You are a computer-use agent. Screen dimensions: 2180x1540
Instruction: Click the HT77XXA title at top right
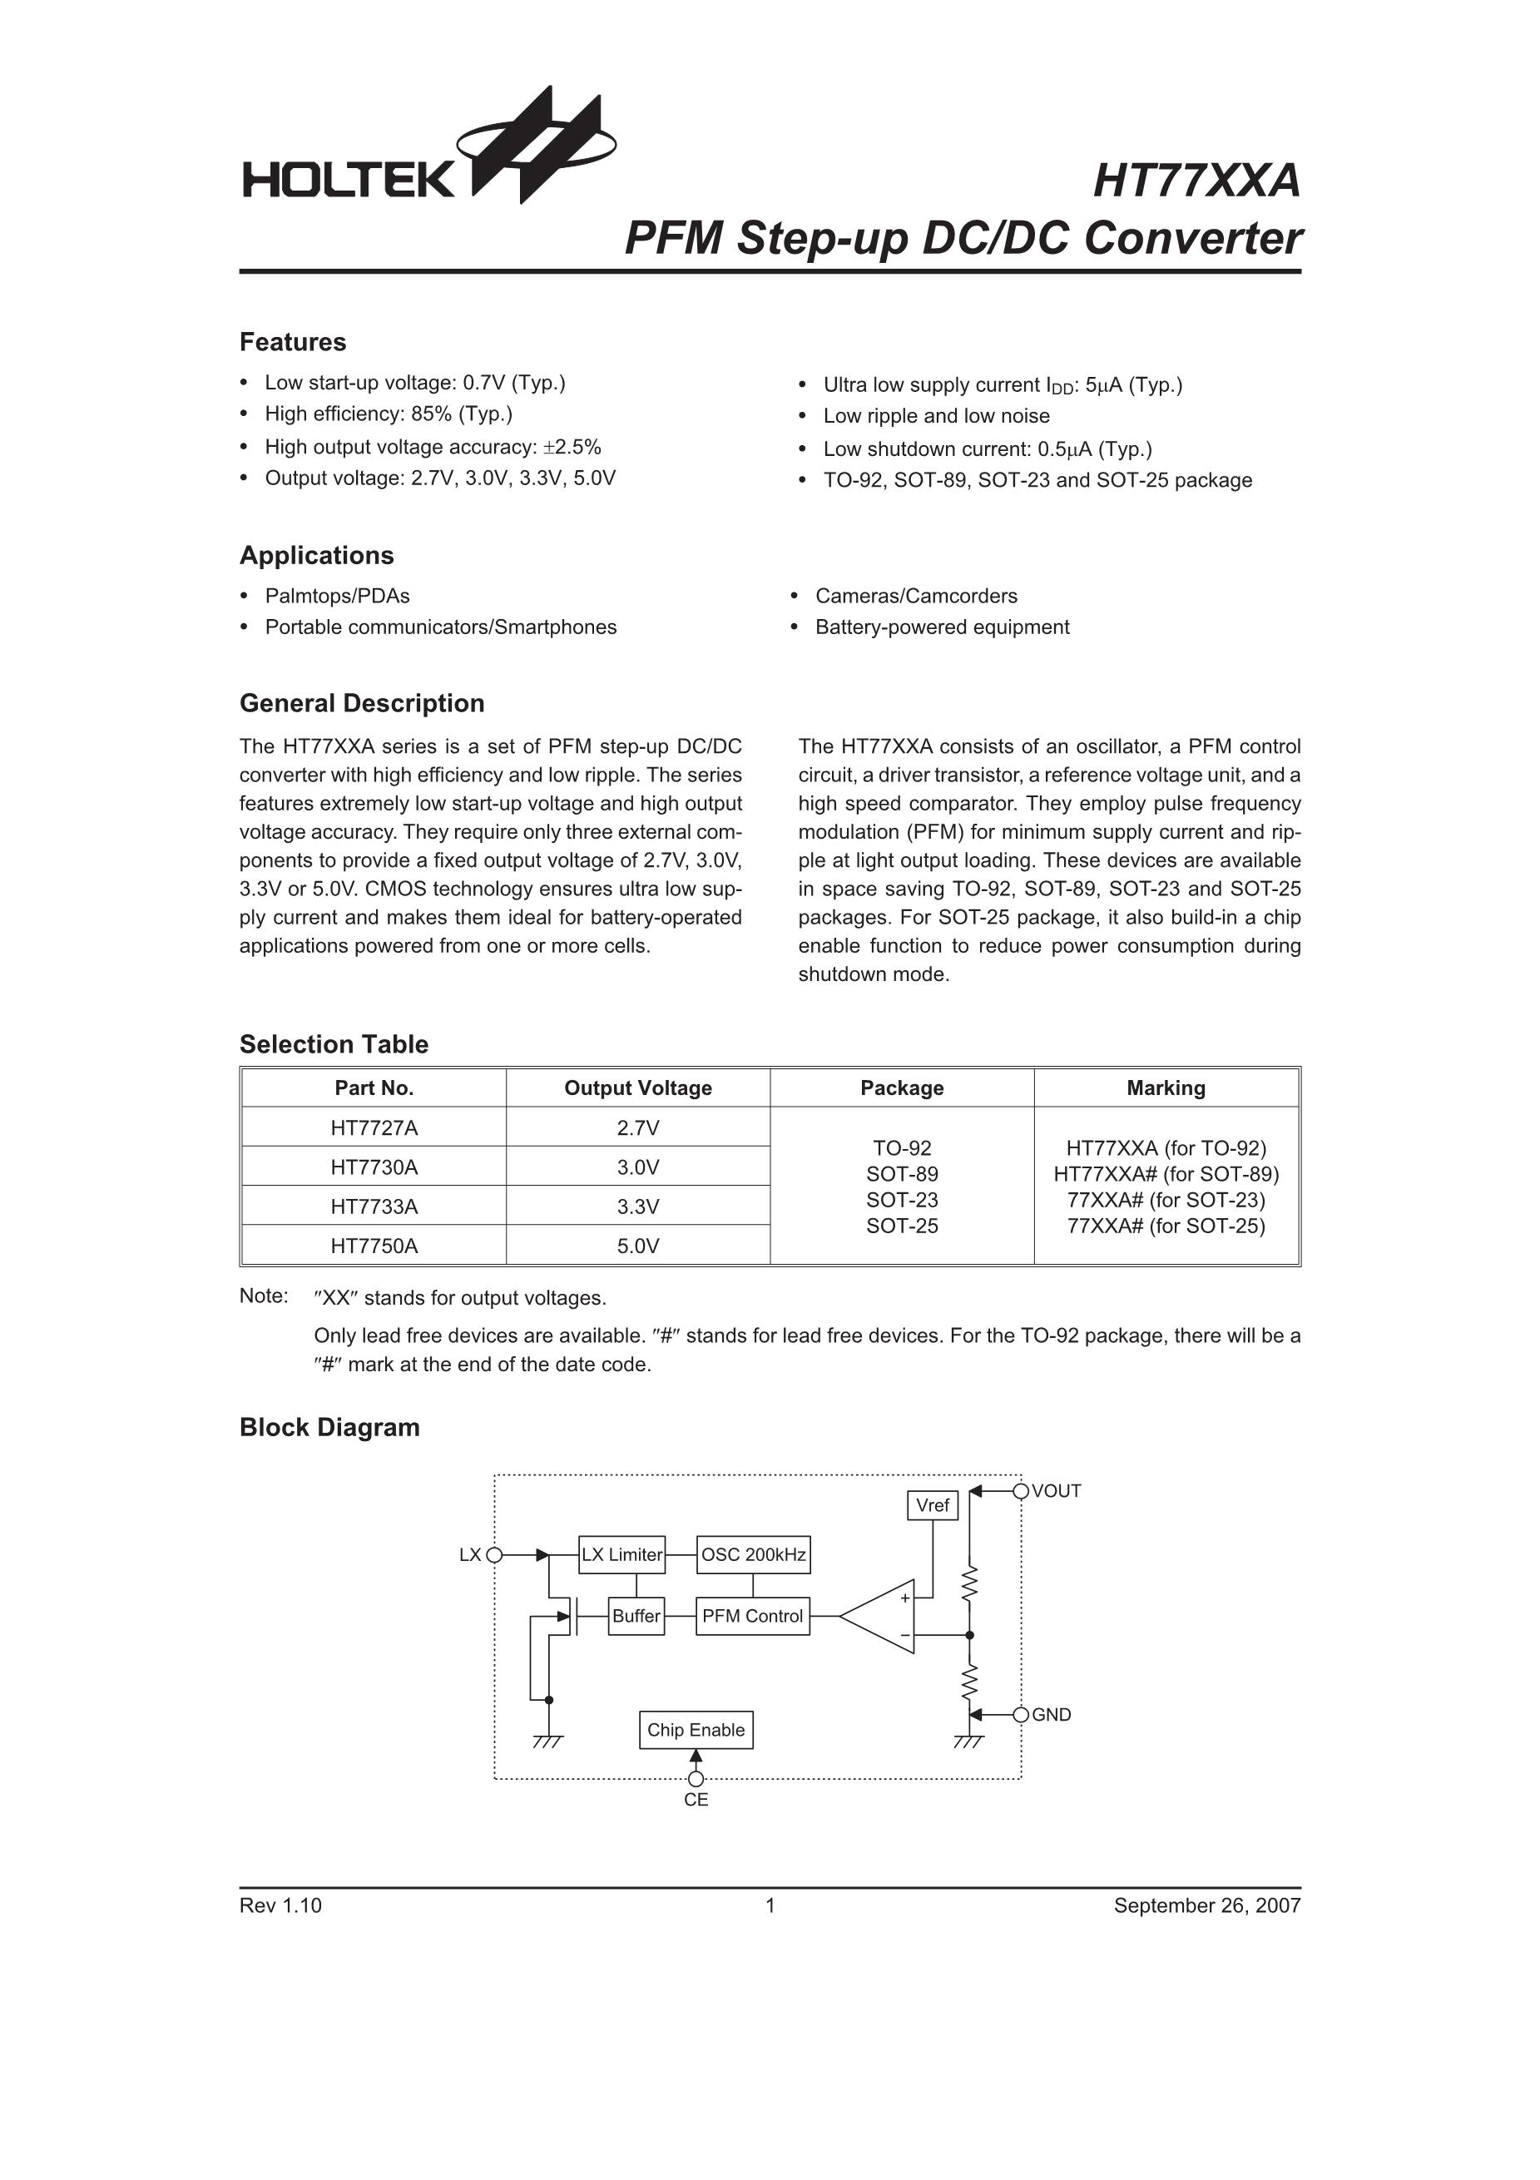pyautogui.click(x=1196, y=181)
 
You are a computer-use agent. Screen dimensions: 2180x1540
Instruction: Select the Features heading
pyautogui.click(x=292, y=342)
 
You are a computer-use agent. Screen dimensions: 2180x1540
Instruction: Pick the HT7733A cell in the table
pyautogui.click(x=374, y=1206)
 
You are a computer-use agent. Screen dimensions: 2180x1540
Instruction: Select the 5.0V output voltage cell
pyautogui.click(x=638, y=1246)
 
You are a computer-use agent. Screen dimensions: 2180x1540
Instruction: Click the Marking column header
pyautogui.click(x=1166, y=1088)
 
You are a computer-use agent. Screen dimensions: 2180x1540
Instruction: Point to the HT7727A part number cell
pyautogui.click(x=374, y=1128)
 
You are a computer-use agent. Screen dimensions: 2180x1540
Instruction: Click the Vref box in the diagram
pyautogui.click(x=933, y=1505)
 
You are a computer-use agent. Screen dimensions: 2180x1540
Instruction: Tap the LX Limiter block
pyautogui.click(x=621, y=1554)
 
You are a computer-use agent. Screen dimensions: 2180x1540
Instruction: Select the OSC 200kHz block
pyautogui.click(x=753, y=1554)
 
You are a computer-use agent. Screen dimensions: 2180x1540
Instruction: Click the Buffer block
pyautogui.click(x=636, y=1616)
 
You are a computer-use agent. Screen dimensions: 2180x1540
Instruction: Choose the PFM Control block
pyautogui.click(x=753, y=1616)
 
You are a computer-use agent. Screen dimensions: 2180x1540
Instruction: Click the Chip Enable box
pyautogui.click(x=696, y=1730)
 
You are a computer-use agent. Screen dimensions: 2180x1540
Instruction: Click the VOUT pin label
pyautogui.click(x=1056, y=1491)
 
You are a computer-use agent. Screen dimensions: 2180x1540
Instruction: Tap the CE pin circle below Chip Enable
pyautogui.click(x=696, y=1778)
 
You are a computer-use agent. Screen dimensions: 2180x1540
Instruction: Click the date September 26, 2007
pyautogui.click(x=1206, y=1905)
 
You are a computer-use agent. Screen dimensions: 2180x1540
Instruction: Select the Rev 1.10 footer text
pyautogui.click(x=281, y=1905)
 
